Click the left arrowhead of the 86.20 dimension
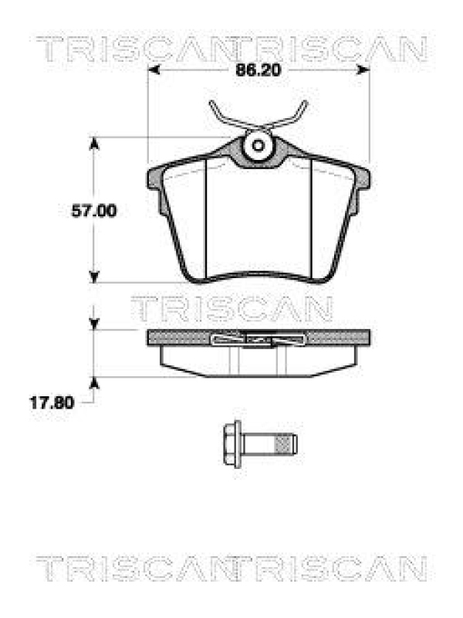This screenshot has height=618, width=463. coord(153,70)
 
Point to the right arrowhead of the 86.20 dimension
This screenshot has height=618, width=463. coord(364,70)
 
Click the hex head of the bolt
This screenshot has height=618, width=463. coord(231,445)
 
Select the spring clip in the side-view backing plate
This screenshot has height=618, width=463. coord(259,338)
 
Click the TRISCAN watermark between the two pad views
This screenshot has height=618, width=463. coord(231,309)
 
